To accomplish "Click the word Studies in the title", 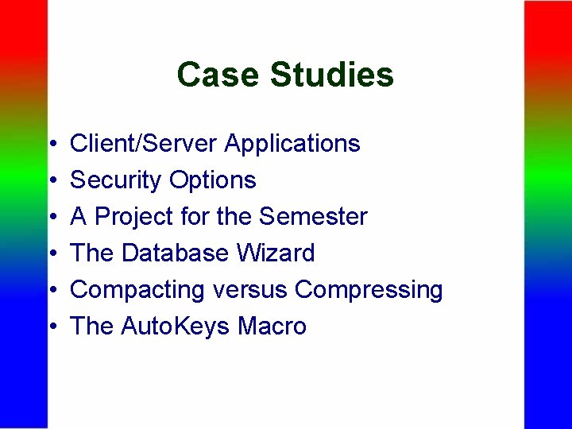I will pos(331,75).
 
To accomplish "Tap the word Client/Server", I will pos(144,144).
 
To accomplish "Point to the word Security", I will pos(115,180).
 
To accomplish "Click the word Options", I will pos(212,181).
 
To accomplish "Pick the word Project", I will pos(136,217).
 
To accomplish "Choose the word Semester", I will pos(314,217).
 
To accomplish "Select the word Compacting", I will pos(138,290).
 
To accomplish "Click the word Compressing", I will pos(369,291).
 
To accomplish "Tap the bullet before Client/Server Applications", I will pos(52,145).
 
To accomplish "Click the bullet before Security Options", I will pos(52,181).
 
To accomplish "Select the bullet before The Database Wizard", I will pos(52,254).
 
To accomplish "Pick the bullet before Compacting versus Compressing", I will pos(52,291).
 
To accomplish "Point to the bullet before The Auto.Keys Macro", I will pos(52,327).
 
